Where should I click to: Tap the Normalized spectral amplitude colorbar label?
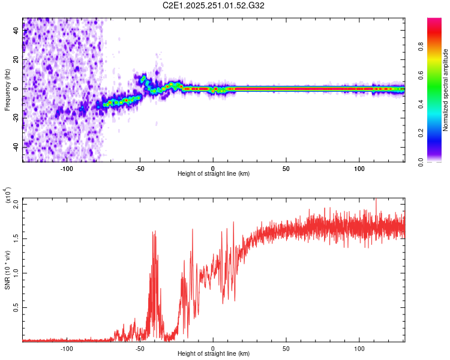445,90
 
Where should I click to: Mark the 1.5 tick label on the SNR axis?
16,238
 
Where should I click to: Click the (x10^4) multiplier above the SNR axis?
8,196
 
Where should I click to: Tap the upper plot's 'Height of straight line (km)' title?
214,174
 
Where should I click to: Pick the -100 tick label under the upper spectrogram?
67,169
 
